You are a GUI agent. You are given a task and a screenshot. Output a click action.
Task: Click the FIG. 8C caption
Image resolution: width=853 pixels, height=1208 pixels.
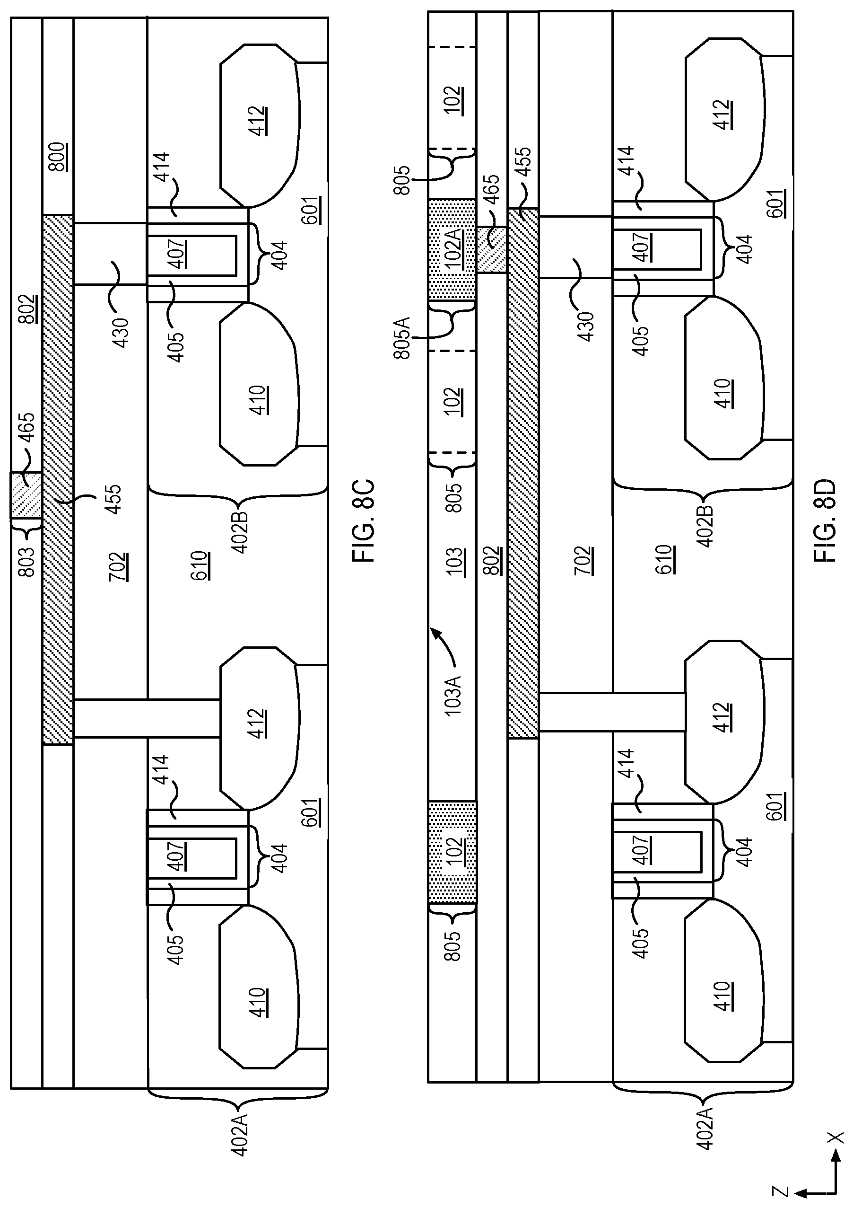(364, 520)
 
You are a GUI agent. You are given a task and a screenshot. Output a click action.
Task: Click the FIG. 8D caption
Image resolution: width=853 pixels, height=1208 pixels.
(824, 520)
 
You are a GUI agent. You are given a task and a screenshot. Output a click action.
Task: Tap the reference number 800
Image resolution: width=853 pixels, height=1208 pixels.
(57, 156)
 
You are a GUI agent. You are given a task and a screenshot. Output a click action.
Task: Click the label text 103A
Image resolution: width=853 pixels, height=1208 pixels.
(452, 695)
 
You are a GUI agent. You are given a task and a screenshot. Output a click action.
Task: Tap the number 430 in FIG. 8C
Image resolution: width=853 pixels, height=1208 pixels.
(121, 333)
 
